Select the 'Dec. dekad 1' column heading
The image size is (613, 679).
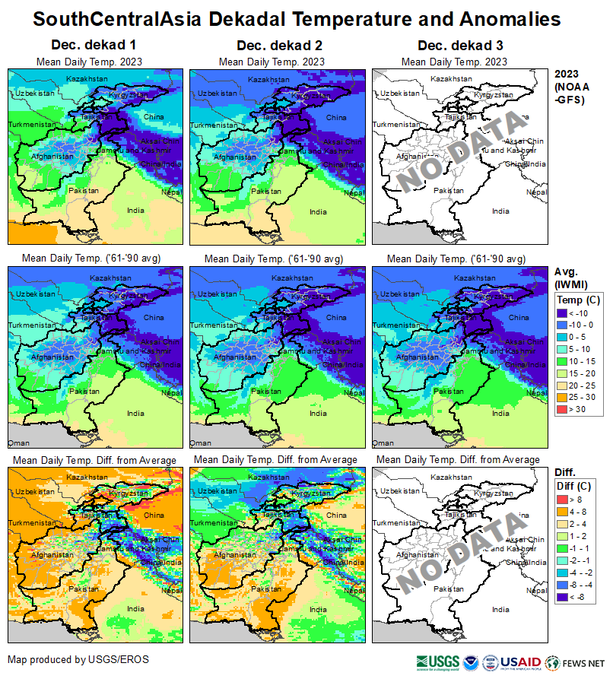pyautogui.click(x=95, y=46)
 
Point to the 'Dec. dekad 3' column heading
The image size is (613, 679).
pyautogui.click(x=454, y=46)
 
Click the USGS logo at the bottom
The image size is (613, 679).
pyautogui.click(x=437, y=662)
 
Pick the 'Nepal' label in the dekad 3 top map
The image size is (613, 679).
pyautogui.click(x=538, y=192)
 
